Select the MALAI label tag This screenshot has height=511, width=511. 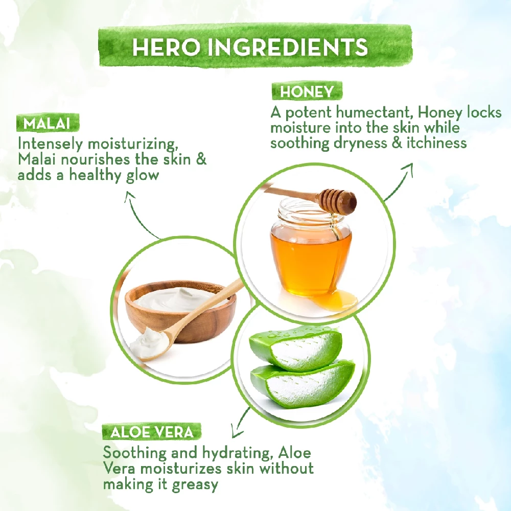tap(48, 123)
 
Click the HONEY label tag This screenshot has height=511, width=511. tap(307, 91)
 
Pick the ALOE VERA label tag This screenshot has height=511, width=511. tap(152, 432)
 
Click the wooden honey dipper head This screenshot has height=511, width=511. tap(338, 201)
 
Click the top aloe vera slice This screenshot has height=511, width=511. tap(295, 347)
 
